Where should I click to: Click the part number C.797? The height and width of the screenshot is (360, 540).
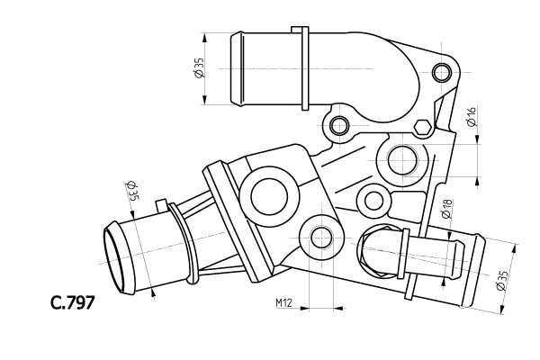click(x=73, y=302)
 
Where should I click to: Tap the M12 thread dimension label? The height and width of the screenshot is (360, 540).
click(x=284, y=302)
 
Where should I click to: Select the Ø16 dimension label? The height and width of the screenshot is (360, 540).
click(x=471, y=116)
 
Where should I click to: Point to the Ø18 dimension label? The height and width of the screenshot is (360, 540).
click(x=446, y=209)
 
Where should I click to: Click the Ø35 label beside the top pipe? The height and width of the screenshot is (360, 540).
click(x=200, y=67)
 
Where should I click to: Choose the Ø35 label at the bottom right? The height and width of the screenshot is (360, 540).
click(x=502, y=281)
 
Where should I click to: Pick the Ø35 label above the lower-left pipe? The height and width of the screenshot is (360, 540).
click(x=131, y=191)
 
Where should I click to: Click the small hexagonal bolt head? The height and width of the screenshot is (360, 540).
click(x=422, y=128)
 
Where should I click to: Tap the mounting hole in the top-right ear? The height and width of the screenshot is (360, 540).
click(x=442, y=73)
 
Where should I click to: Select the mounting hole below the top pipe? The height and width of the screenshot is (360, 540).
click(x=339, y=125)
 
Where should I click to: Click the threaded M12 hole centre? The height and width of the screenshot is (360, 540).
click(x=321, y=238)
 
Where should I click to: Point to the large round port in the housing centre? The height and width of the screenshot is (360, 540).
click(x=269, y=197)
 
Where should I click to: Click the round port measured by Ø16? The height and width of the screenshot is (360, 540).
click(x=402, y=160)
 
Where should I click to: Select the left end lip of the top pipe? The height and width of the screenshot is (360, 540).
click(x=237, y=68)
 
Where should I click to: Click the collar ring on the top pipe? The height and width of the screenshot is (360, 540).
click(x=305, y=68)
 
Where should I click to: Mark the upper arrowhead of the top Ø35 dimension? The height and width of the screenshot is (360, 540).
click(x=205, y=37)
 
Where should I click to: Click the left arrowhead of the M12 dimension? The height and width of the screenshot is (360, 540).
click(x=304, y=308)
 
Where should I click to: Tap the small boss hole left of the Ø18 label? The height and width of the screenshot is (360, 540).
click(x=374, y=202)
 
